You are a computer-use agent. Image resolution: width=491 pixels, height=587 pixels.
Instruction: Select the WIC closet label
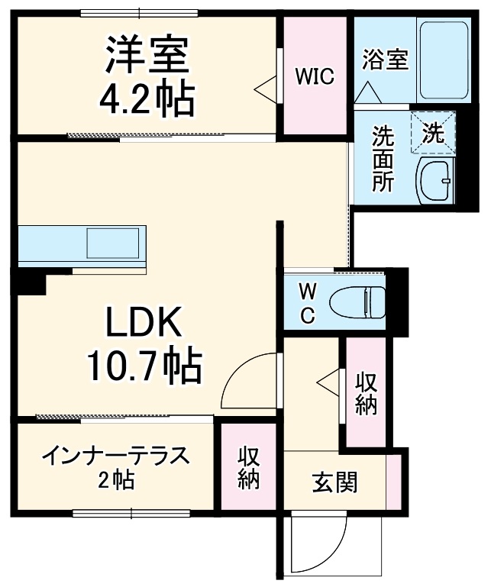(x=315, y=76)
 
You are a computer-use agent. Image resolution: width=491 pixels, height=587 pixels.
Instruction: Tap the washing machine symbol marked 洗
(x=433, y=134)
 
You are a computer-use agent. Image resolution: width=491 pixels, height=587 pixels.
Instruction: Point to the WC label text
(x=305, y=304)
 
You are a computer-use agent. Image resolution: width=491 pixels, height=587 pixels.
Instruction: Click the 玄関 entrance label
(x=334, y=483)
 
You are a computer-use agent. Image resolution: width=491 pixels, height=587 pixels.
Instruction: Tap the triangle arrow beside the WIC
(x=264, y=89)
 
